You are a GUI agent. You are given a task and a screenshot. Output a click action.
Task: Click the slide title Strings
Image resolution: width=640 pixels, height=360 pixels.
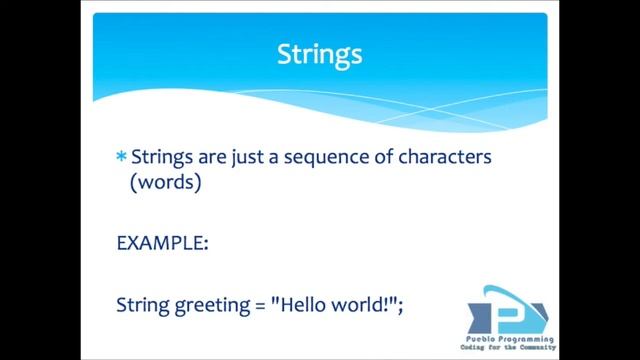pos(319,54)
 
